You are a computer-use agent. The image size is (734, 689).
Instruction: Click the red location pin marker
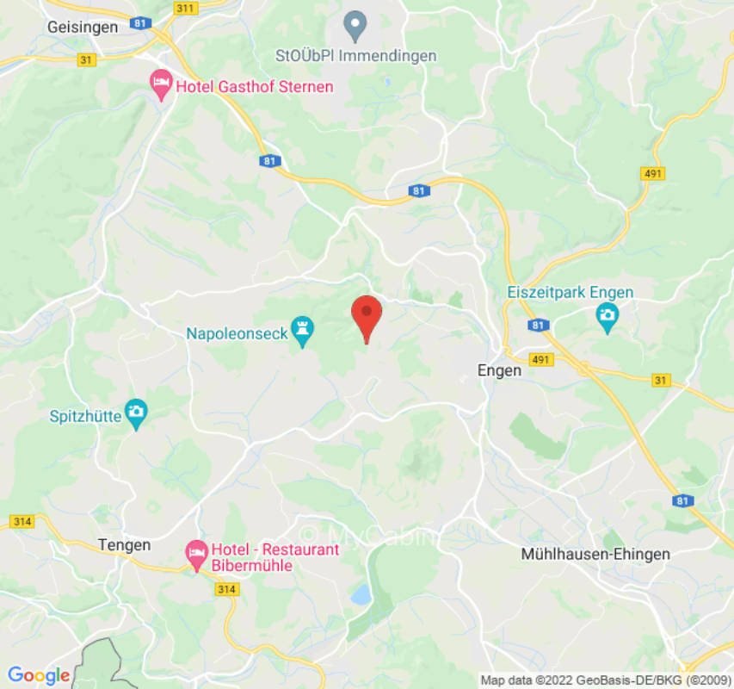tap(367, 316)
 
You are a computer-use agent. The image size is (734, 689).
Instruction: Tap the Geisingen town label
tap(83, 27)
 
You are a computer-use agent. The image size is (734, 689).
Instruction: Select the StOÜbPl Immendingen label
tap(355, 56)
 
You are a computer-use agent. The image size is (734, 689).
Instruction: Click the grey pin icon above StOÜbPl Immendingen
tap(355, 26)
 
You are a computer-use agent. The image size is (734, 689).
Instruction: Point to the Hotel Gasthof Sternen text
tap(254, 87)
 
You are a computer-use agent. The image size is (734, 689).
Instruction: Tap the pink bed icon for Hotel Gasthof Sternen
tap(161, 84)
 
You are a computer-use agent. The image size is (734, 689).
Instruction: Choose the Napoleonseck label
tap(237, 333)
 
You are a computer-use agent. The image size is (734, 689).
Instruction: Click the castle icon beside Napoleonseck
tap(302, 328)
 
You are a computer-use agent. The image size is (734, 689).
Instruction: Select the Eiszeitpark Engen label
tap(570, 293)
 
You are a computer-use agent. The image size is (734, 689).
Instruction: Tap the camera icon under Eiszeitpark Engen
tap(607, 317)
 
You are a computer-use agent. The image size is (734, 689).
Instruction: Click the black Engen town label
tap(499, 370)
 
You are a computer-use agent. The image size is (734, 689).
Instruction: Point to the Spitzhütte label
tap(83, 416)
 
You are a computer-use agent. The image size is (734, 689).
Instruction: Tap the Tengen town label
tap(124, 545)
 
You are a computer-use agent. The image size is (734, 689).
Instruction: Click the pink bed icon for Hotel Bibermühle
tap(197, 551)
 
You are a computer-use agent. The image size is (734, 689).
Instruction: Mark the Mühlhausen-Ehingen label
tap(595, 554)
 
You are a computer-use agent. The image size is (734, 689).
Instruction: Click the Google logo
tap(38, 676)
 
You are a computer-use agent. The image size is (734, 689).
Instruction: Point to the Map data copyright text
tap(606, 680)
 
